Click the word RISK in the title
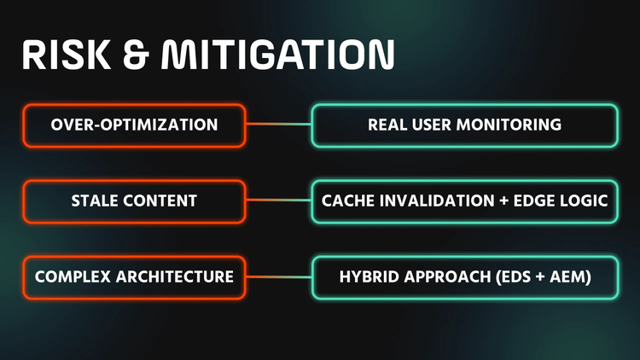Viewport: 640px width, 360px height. (x=66, y=55)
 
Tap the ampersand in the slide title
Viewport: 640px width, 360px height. (x=135, y=55)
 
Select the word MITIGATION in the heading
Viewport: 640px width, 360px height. (x=278, y=55)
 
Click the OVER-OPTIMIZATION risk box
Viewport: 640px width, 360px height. (x=134, y=125)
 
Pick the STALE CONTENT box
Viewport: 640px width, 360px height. (x=134, y=201)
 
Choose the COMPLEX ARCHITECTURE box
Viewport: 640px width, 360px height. (x=134, y=277)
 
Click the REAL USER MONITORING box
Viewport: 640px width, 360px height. (x=465, y=125)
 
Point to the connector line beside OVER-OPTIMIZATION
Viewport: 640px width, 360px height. (x=279, y=124)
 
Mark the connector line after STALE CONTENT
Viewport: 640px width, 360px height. (x=279, y=200)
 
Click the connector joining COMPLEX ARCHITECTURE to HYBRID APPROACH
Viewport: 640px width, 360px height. (x=279, y=276)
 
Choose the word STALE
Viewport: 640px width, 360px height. (x=95, y=200)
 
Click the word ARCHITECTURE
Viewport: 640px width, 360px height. (x=175, y=276)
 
